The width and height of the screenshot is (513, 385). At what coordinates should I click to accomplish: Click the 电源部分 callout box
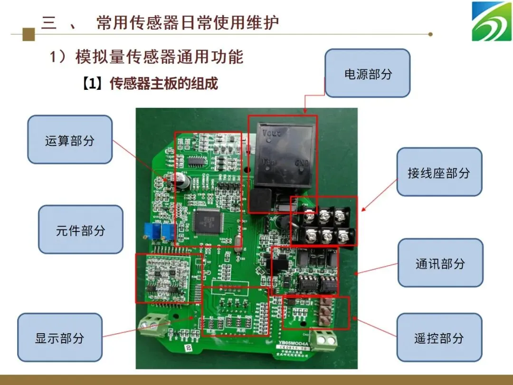(x=367, y=73)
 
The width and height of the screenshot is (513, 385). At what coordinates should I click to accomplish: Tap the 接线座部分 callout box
(x=439, y=172)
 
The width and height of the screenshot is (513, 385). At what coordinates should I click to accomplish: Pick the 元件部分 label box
(x=80, y=230)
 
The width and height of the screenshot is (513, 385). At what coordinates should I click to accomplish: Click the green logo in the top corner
(x=491, y=21)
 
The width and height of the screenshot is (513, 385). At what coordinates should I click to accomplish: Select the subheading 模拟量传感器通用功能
(x=159, y=57)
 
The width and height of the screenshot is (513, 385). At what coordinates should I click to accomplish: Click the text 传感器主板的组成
(x=164, y=84)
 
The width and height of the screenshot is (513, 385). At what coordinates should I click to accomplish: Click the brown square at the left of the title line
(x=29, y=34)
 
